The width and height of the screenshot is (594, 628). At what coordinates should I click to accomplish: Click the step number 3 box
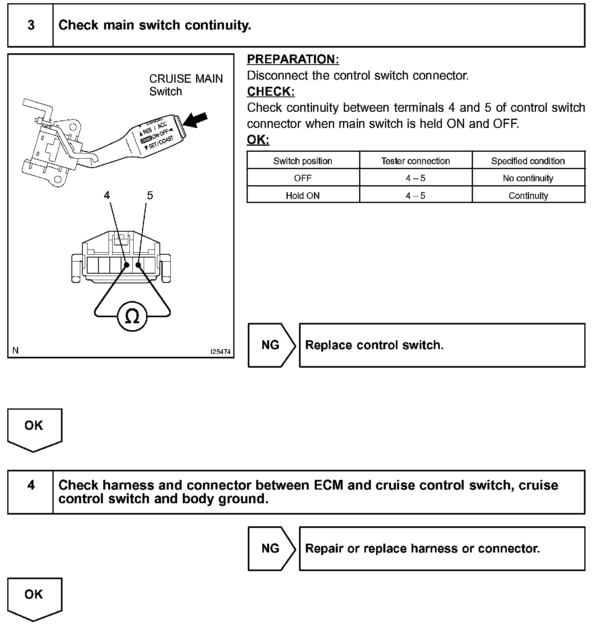click(x=31, y=25)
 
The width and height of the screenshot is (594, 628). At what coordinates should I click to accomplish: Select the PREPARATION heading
click(x=293, y=59)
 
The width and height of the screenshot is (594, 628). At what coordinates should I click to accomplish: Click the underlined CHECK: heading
click(x=271, y=92)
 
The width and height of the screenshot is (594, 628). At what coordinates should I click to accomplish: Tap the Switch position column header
click(x=303, y=161)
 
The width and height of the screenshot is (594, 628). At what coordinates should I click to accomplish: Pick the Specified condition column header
click(x=528, y=161)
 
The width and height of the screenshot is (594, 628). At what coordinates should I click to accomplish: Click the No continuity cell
click(x=528, y=178)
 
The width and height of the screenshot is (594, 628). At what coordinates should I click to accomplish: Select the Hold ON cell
click(x=303, y=196)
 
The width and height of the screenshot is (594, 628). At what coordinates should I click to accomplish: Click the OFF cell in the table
click(x=303, y=178)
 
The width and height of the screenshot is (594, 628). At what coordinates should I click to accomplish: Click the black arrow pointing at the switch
click(x=196, y=120)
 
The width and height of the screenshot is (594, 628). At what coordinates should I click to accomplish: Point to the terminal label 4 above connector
click(x=107, y=195)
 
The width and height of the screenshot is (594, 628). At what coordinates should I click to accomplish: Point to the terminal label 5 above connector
click(x=150, y=195)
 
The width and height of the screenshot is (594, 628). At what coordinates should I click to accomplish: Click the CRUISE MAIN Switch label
click(x=186, y=85)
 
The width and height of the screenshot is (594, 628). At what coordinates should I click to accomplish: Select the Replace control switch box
click(x=442, y=345)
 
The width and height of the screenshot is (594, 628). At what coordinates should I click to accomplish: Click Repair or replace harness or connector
click(x=442, y=548)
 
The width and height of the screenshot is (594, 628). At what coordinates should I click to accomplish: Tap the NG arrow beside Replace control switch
click(x=271, y=345)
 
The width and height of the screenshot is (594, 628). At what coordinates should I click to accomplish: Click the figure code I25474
click(x=220, y=352)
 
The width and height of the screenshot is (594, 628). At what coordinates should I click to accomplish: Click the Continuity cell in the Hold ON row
click(x=528, y=196)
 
